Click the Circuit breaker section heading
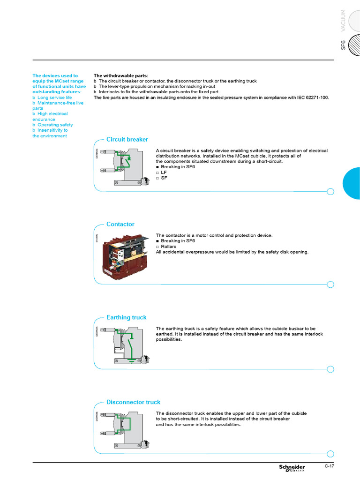click(127, 139)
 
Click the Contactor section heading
click(120, 224)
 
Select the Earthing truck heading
click(126, 317)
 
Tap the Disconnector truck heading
click(133, 402)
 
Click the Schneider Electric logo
click(292, 468)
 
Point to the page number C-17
click(330, 466)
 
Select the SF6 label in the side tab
click(343, 45)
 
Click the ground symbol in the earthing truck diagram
click(132, 360)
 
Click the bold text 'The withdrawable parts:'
click(121, 75)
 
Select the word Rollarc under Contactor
click(168, 247)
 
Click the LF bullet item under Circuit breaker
click(164, 172)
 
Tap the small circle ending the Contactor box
click(330, 284)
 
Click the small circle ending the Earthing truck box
click(330, 369)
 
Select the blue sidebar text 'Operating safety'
click(55, 125)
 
